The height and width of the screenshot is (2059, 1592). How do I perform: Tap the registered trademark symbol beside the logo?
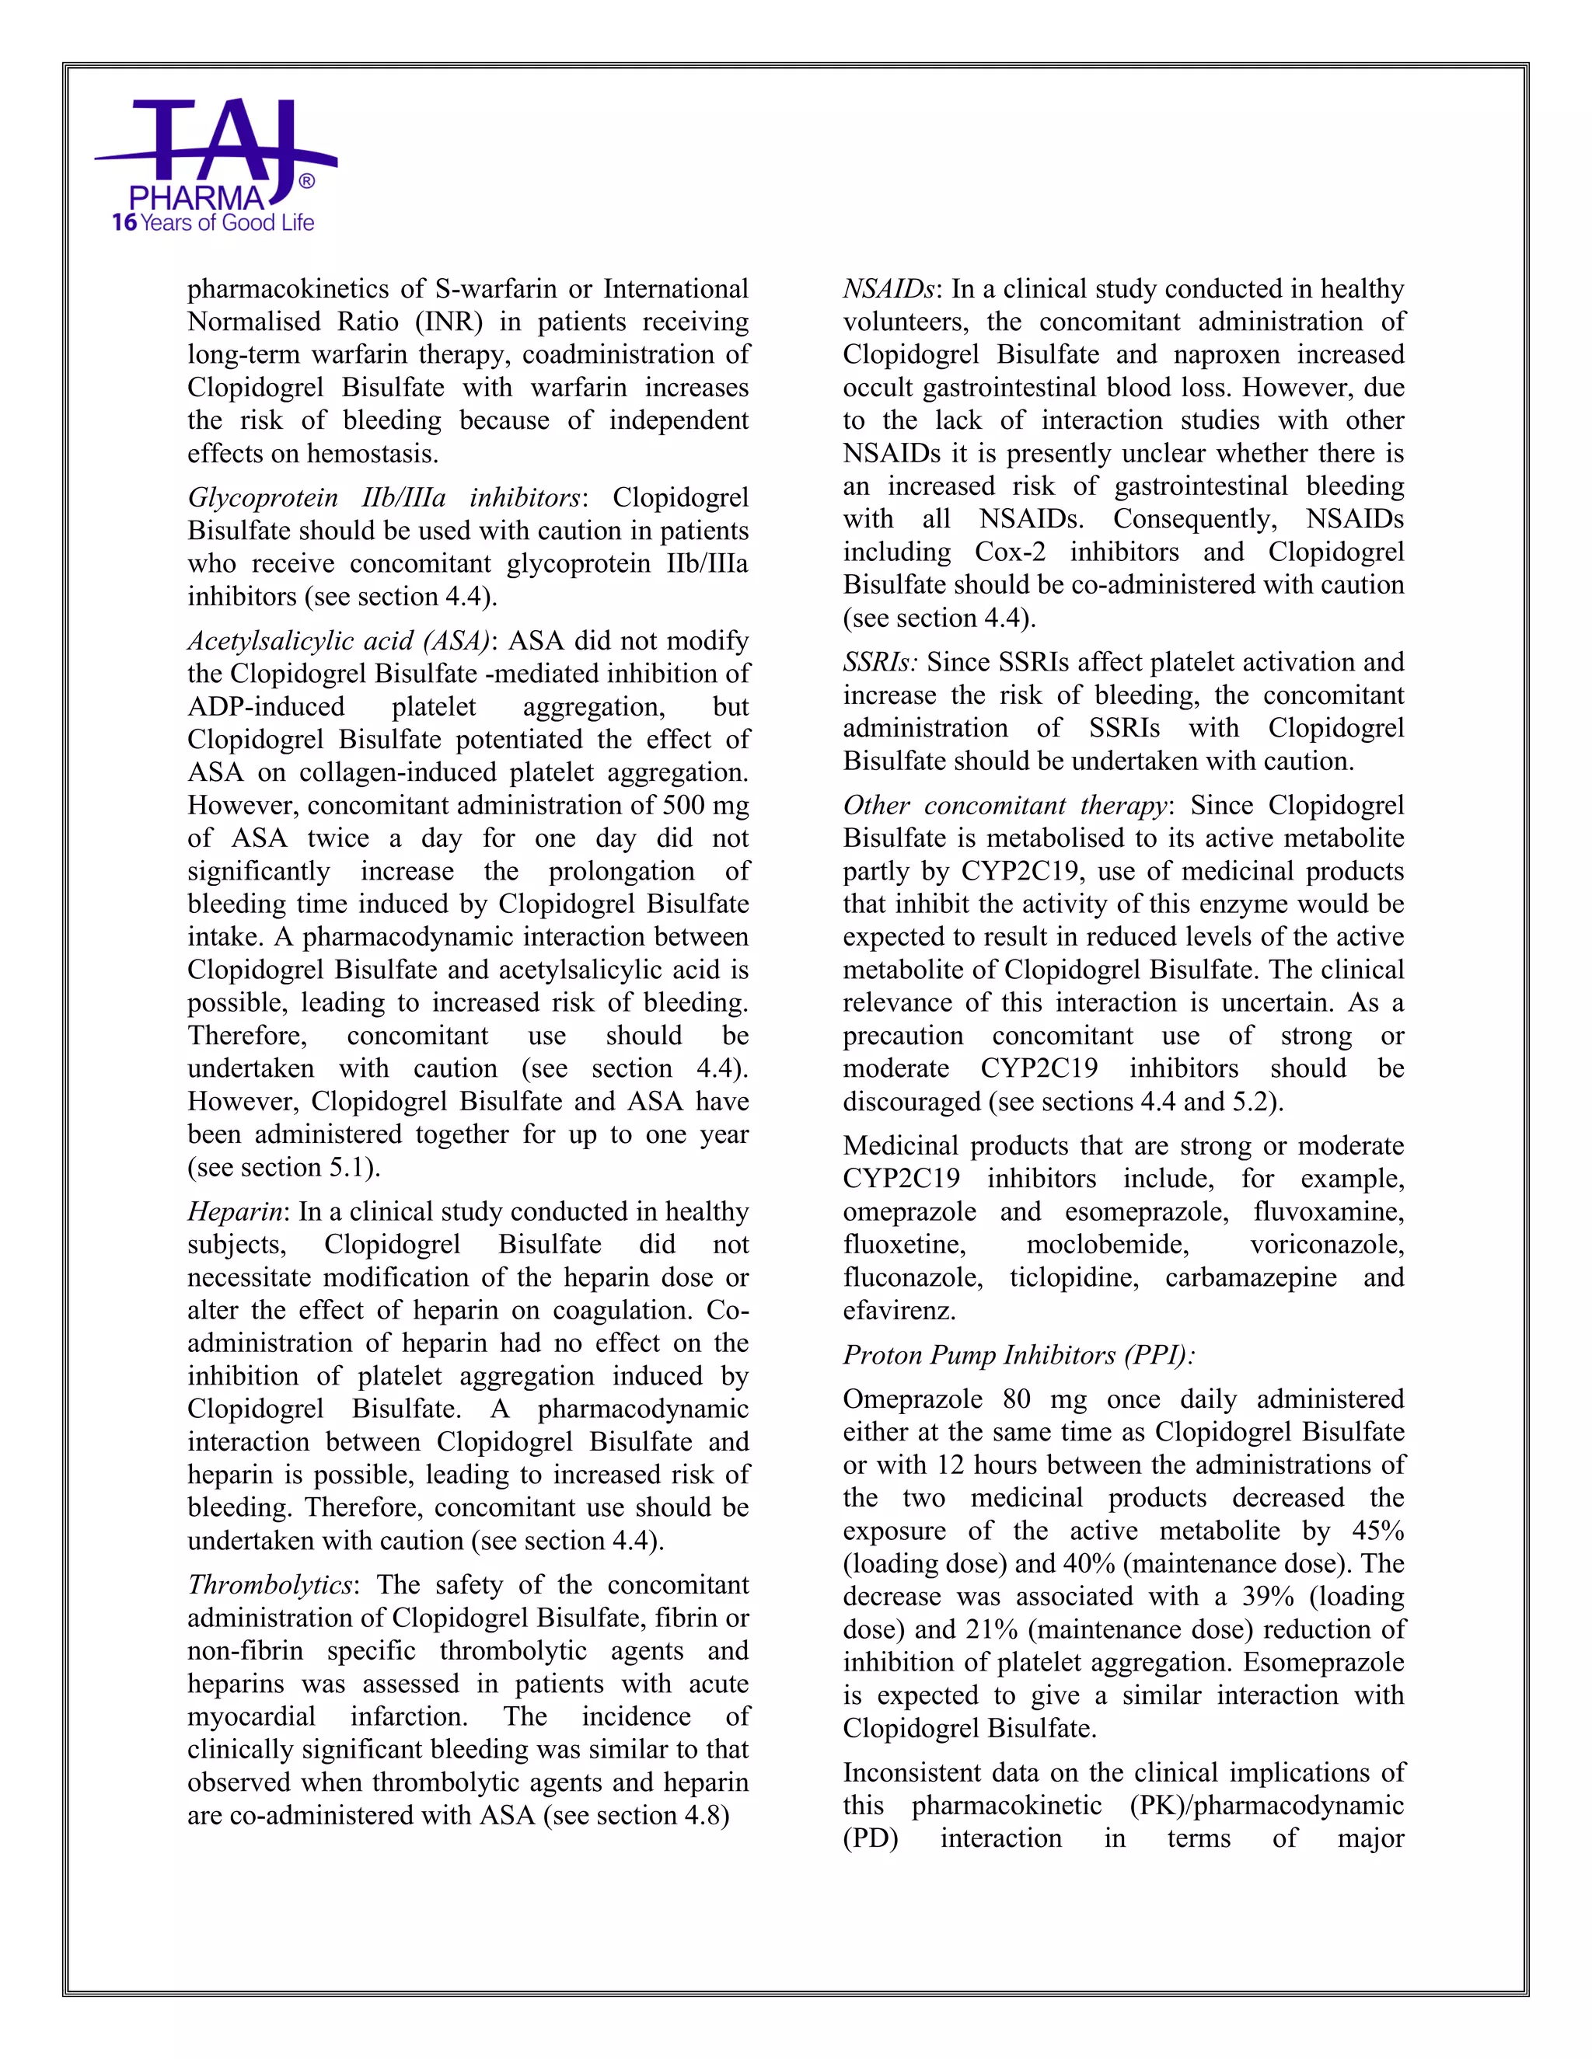[306, 181]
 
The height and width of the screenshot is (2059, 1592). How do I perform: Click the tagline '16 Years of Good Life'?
[212, 224]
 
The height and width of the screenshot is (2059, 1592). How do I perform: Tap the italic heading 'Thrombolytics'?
[269, 1585]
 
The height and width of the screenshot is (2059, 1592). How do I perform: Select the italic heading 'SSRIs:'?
[880, 662]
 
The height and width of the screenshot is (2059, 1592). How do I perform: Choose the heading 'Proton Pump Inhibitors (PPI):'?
[1018, 1355]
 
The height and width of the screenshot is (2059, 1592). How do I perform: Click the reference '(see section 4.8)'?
[637, 1815]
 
